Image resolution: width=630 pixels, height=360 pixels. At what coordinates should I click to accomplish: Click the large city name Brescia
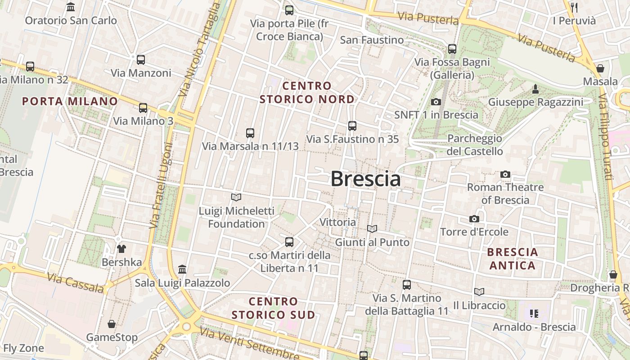pos(365,179)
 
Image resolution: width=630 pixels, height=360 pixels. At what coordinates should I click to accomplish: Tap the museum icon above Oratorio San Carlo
pos(71,7)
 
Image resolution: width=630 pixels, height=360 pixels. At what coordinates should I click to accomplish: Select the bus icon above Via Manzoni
pos(141,59)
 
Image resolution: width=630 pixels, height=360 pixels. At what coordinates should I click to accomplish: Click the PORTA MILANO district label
pos(70,101)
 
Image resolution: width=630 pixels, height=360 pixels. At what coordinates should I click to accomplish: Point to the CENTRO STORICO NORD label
pos(307,92)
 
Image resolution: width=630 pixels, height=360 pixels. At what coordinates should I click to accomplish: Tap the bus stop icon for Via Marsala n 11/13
pos(250,133)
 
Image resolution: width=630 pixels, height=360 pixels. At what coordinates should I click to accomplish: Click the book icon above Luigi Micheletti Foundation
pos(236,197)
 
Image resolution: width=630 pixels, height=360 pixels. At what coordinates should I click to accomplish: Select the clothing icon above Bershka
pos(121,248)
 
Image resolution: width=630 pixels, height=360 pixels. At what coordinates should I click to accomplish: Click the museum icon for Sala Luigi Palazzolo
pos(182,269)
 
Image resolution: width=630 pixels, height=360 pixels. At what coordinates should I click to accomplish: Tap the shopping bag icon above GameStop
pos(112,324)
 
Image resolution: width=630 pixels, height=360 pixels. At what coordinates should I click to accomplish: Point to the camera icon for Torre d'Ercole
pos(474,219)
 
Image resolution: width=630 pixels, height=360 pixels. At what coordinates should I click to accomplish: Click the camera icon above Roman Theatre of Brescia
pos(505,174)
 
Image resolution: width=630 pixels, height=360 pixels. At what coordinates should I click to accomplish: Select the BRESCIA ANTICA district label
pos(513,259)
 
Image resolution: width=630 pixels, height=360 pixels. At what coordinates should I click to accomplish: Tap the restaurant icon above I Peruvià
pos(574,7)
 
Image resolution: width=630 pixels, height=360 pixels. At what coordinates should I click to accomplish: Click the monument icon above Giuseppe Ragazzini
pos(535,89)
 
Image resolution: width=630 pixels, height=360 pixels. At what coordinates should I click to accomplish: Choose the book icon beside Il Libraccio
pos(479,292)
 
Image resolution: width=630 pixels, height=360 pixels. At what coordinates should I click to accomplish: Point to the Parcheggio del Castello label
pos(475,145)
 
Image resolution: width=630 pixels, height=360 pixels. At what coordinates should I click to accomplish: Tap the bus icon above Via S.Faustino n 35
pos(352,126)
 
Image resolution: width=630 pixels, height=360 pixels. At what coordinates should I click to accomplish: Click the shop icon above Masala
pos(600,68)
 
